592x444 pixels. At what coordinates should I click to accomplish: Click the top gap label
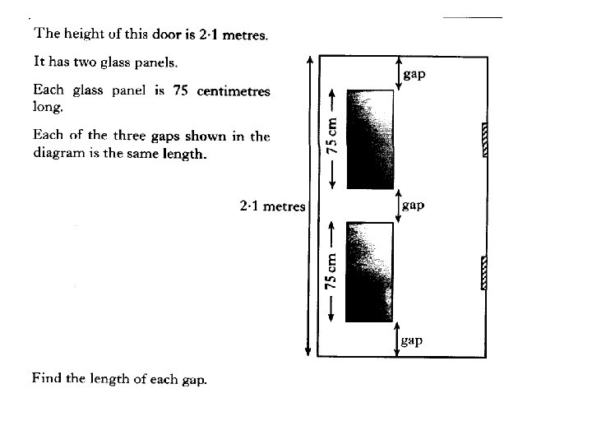[x=415, y=75]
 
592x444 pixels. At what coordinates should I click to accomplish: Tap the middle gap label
[x=415, y=206]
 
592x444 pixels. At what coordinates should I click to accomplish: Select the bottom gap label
[x=414, y=339]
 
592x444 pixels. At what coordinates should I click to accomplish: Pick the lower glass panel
[x=371, y=271]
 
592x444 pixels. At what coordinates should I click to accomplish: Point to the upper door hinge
[x=484, y=139]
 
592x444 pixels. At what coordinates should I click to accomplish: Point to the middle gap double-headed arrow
[x=398, y=206]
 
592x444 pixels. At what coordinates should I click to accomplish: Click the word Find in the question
[x=45, y=379]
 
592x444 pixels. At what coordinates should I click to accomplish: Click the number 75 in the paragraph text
[x=182, y=91]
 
